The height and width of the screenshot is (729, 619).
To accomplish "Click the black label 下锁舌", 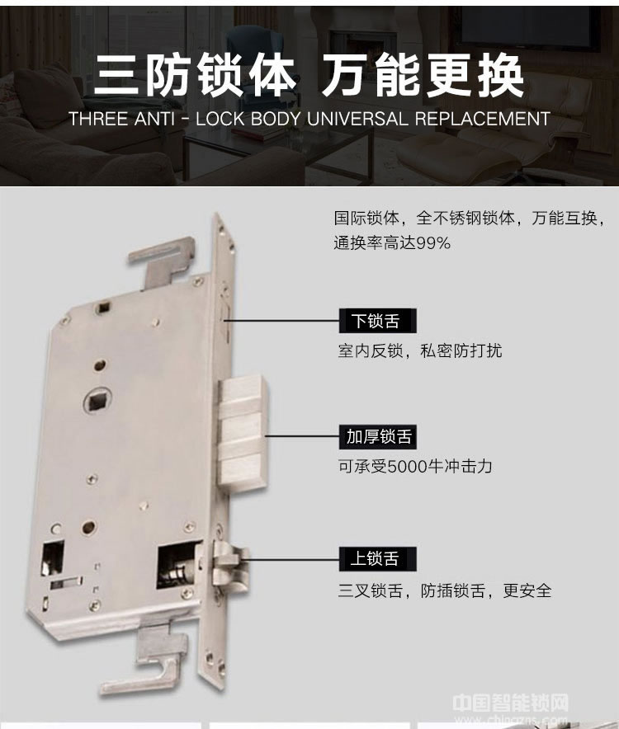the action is coord(377,321).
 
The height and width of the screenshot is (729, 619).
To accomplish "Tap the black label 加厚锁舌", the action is coord(377,437).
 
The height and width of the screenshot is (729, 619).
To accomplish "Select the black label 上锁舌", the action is coord(377,559).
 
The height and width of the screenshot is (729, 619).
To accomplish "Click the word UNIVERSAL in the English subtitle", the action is coord(357,119).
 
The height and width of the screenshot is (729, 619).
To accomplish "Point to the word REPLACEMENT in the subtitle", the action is coord(483,119).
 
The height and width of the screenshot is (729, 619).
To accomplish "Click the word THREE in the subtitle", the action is coord(99,119).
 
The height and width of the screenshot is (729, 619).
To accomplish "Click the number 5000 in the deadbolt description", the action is coord(408,466).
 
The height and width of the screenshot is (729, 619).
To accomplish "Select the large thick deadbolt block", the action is coord(243,432).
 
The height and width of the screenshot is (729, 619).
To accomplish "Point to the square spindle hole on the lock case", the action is coord(99,400).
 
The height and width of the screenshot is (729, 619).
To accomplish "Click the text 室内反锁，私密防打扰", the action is coord(420,350).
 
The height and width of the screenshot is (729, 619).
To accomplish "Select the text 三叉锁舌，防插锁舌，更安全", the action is coord(445,590).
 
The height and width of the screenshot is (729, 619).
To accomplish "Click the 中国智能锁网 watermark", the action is coord(511,703).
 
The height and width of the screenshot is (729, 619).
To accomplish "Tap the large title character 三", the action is coord(116,76).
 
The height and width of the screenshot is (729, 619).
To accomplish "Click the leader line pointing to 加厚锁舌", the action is coord(302,436).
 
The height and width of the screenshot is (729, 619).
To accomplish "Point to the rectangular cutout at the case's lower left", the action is coord(53,558).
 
